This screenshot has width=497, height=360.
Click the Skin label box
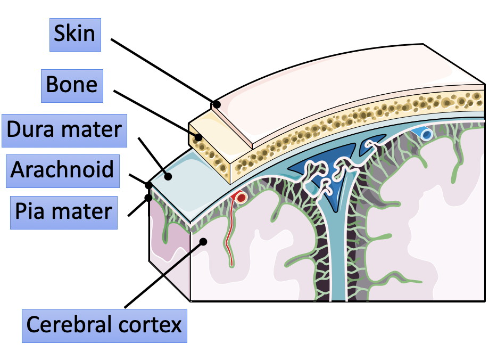tap(75, 34)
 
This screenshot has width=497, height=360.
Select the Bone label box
tap(72, 85)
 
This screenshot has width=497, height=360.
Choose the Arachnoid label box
tap(62, 170)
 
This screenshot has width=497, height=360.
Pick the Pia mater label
tap(63, 211)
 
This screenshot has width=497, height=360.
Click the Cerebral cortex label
tap(104, 324)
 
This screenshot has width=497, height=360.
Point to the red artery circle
tap(241, 198)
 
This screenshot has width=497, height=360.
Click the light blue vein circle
tap(426, 135)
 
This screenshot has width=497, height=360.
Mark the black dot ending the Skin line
tap(216, 104)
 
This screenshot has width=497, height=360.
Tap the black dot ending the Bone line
tap(198, 137)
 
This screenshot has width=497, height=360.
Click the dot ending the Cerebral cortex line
tap(203, 242)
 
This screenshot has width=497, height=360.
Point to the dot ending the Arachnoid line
tap(149, 186)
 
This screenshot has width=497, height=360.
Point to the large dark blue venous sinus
tap(319, 162)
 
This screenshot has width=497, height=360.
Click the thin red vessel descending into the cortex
tap(228, 234)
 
